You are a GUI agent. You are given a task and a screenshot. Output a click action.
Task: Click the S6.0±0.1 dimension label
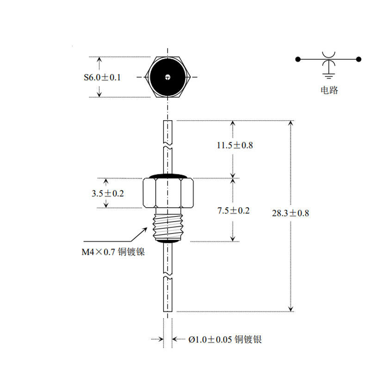pos(102,77)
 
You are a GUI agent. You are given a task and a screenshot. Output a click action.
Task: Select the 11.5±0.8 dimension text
pos(235,145)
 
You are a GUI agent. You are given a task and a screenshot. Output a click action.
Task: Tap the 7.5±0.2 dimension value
pos(234,210)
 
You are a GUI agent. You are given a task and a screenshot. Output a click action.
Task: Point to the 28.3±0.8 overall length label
pos(290,213)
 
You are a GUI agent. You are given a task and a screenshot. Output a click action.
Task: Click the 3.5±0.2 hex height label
pos(108,193)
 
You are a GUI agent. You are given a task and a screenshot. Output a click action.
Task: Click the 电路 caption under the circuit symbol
pos(329,90)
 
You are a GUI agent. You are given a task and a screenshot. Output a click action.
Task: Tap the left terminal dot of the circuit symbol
pos(298,59)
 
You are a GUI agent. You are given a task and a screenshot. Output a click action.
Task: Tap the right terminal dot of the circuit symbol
pos(359,59)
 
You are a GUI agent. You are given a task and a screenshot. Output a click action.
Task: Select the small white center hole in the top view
pos(167,77)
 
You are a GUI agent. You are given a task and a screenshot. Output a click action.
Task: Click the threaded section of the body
pos(168,227)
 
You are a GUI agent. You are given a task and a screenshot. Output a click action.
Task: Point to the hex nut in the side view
pos(168,193)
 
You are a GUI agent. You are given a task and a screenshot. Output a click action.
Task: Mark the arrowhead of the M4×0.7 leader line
pos(146,228)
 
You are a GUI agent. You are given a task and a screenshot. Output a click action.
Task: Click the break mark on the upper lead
pos(167,145)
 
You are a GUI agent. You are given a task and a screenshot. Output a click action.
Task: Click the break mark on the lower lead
pos(167,275)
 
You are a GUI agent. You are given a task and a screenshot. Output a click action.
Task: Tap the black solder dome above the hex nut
pos(168,176)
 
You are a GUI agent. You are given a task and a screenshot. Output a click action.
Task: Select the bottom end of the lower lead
pos(168,311)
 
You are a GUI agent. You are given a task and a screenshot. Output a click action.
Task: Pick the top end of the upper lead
pos(168,121)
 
